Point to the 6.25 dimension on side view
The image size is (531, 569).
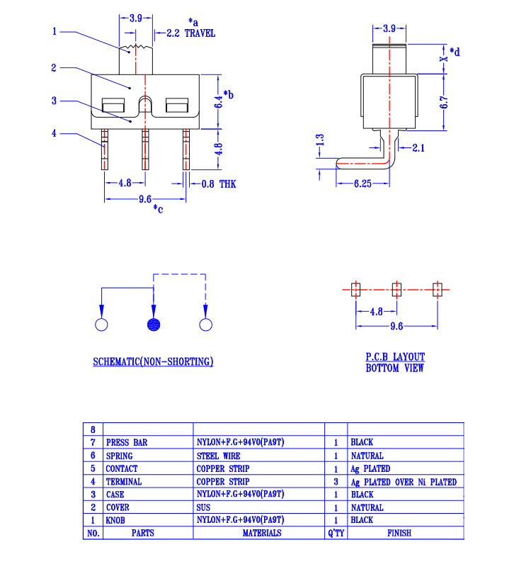362,184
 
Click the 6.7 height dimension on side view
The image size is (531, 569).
444,101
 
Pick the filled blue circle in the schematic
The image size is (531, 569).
153,325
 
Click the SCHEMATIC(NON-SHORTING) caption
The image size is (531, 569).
153,362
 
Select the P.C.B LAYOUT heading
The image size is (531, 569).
395,357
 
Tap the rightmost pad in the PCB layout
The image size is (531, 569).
437,289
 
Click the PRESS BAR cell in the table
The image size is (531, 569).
127,442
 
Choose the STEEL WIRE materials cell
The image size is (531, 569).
219,456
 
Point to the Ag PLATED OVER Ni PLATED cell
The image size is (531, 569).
403,482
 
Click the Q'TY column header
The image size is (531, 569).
336,533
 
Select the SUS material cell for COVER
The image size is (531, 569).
203,507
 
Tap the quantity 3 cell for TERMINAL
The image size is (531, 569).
336,482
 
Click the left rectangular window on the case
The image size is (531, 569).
113,107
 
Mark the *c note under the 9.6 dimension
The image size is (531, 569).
158,208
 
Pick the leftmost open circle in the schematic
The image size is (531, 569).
101,325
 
